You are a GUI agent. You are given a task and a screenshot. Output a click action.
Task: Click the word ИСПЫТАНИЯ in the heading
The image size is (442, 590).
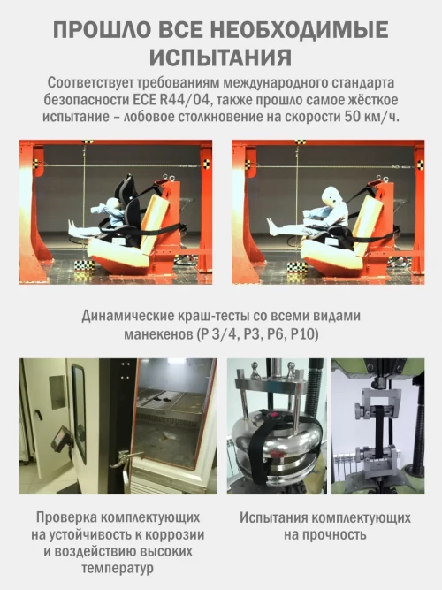221,57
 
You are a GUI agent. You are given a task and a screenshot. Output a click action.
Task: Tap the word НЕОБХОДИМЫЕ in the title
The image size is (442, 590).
299,29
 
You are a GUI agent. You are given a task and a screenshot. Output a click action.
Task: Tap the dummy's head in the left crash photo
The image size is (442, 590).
113,206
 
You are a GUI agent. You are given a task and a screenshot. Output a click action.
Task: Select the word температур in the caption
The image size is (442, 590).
118,568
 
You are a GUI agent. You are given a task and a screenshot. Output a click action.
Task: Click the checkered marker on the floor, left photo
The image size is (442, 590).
84,265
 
